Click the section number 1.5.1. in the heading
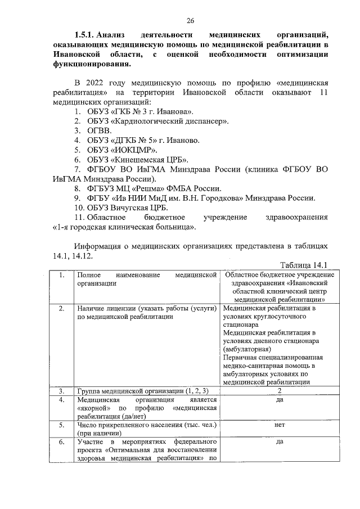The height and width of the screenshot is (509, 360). (88, 34)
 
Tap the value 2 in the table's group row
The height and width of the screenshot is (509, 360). (279, 391)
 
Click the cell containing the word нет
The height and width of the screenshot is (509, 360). (279, 425)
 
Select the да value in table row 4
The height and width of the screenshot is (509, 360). (279, 400)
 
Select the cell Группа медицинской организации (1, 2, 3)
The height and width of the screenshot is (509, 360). (143, 391)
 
